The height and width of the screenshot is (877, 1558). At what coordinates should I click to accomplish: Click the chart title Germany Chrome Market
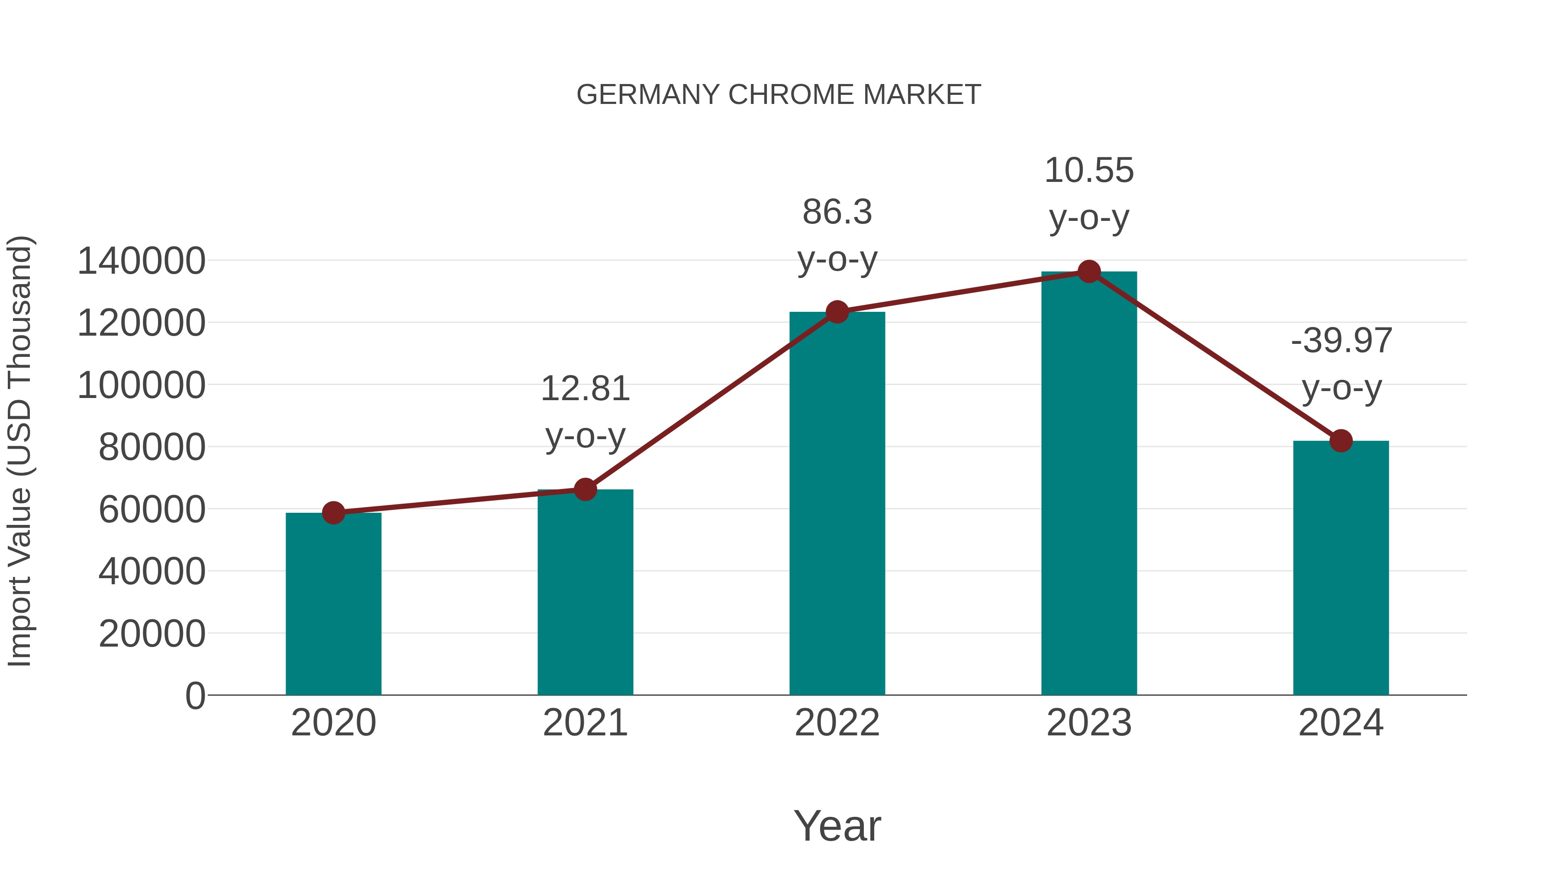(779, 95)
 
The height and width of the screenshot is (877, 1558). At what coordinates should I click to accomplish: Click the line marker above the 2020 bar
(333, 513)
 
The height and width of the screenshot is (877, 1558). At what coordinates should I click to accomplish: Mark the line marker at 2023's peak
(1089, 272)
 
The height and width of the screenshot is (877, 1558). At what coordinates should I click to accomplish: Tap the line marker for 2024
(1341, 440)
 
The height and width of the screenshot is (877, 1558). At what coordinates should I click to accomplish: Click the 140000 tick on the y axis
(142, 262)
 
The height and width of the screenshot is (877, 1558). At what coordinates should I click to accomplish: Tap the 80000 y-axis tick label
(152, 447)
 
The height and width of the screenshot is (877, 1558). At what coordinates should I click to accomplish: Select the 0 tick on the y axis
(195, 696)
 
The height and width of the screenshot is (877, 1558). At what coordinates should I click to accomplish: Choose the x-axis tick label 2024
(1341, 723)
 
